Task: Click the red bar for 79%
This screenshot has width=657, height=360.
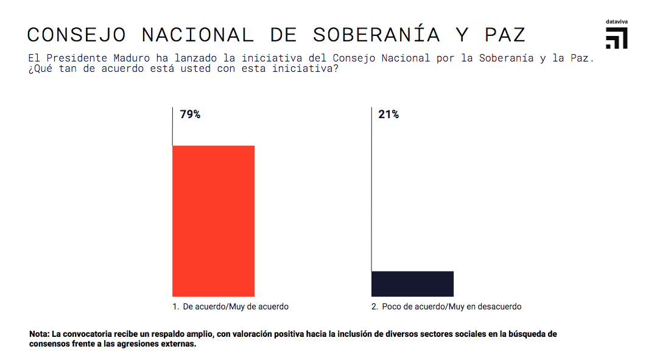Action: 213,221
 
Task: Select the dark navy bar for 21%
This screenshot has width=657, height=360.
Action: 412,284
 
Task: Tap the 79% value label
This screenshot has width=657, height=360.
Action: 190,115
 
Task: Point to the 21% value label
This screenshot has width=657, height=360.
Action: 388,115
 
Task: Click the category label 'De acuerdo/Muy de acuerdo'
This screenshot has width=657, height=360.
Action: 235,307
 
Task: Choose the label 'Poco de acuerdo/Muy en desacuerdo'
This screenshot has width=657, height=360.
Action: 451,307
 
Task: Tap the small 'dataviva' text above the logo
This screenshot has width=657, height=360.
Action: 616,22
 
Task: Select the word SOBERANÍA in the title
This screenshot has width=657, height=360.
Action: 376,35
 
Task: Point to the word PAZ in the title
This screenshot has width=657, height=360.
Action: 505,35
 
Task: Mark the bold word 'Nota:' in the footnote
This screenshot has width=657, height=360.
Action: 40,334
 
